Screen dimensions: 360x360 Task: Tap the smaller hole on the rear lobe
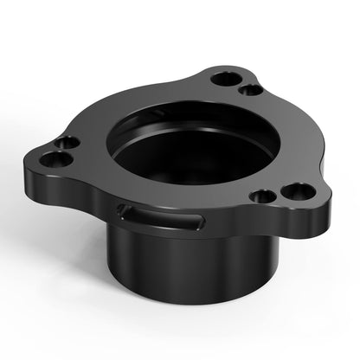coord(249,90)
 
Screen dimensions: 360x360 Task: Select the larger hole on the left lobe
coord(58,160)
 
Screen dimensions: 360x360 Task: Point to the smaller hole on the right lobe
coord(264,196)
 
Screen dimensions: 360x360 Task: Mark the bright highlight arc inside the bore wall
coord(173,121)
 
